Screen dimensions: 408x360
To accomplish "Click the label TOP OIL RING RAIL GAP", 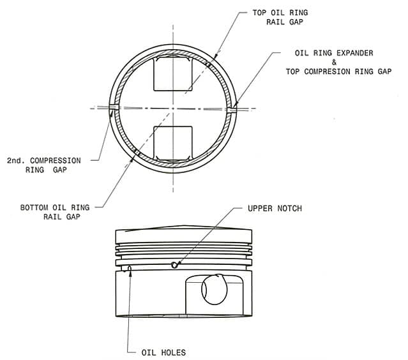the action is [280, 17].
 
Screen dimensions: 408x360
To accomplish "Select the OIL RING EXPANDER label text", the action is [334, 53].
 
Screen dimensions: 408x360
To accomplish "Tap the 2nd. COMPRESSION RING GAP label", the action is [44, 165].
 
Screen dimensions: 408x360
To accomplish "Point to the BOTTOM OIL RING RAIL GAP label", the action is [55, 212].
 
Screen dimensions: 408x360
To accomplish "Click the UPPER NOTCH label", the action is [275, 208].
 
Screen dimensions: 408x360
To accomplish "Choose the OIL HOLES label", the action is [163, 352].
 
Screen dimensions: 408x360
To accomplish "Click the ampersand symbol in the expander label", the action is [334, 62].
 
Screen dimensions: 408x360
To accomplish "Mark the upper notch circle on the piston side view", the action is [174, 265].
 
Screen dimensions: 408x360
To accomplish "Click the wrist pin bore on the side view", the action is [215, 290].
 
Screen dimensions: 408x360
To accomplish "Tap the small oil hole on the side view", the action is [130, 269].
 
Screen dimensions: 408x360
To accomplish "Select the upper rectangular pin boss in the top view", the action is [173, 73].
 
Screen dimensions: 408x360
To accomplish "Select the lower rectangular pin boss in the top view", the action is [173, 144].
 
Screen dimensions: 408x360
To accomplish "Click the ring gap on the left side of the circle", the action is [114, 107].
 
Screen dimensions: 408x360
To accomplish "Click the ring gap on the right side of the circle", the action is [232, 110].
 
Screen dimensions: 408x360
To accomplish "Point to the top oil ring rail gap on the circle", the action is [208, 64].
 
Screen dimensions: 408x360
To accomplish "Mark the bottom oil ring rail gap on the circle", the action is [136, 152].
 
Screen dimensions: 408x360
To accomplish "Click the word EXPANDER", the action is [355, 53].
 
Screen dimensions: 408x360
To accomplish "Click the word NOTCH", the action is [290, 208].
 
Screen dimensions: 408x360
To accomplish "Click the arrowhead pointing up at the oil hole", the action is [130, 273].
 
